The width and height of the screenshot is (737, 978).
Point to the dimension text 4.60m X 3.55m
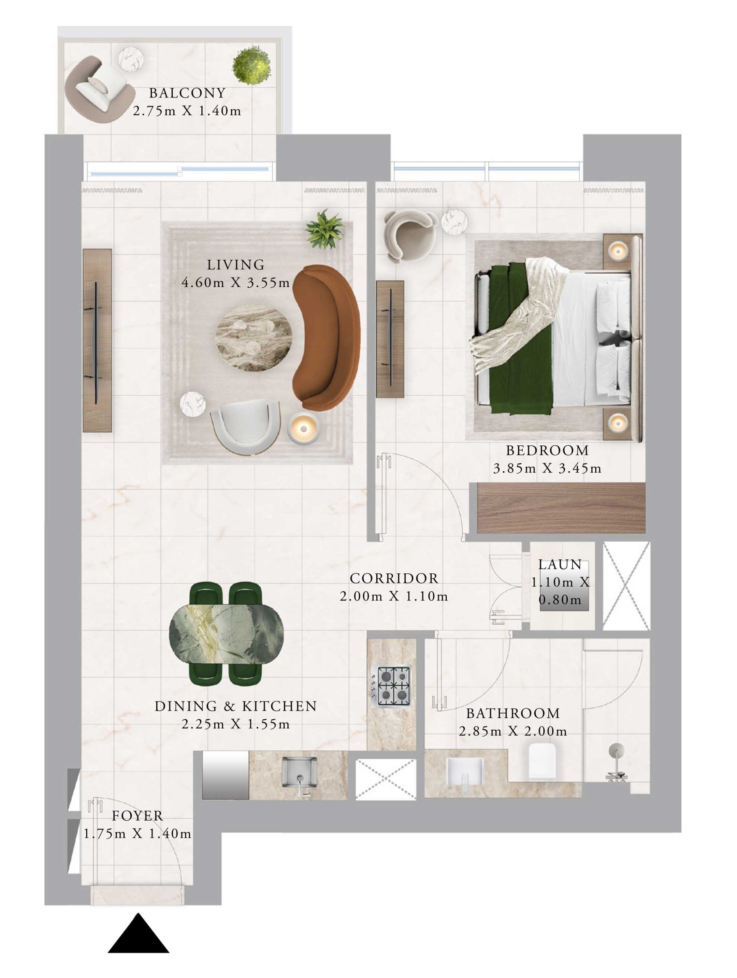tap(235, 283)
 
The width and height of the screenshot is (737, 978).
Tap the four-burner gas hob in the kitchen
tap(393, 686)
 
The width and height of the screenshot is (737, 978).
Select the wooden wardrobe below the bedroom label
tap(562, 508)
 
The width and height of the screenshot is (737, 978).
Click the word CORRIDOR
tap(394, 578)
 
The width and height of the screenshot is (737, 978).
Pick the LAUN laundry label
tap(560, 565)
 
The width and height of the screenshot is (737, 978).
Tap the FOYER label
tap(137, 816)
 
